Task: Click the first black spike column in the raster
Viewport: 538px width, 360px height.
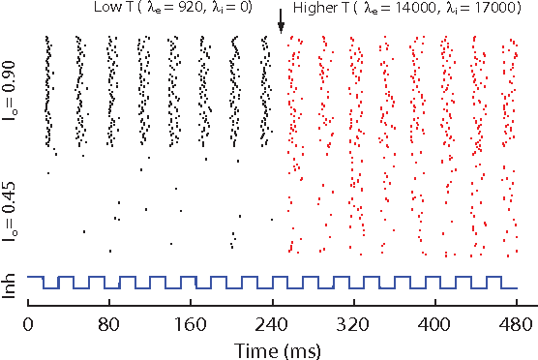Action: click(x=49, y=92)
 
